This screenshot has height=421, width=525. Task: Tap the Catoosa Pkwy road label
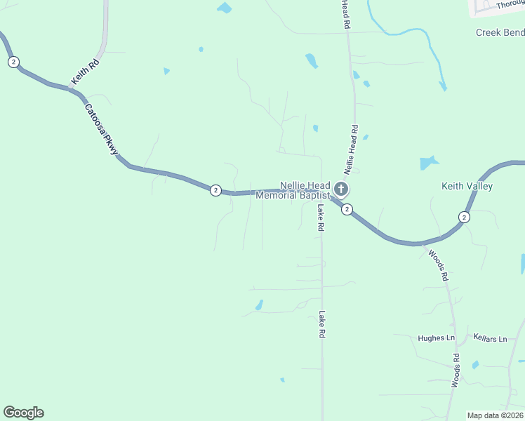[102, 129]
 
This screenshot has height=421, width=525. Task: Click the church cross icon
[341, 189]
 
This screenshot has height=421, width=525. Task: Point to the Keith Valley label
[467, 186]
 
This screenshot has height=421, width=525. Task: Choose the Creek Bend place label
[500, 32]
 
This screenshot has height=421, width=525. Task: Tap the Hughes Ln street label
[436, 338]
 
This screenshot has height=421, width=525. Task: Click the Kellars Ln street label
[490, 339]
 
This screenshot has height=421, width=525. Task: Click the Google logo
[23, 413]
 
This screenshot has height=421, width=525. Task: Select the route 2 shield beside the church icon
[347, 209]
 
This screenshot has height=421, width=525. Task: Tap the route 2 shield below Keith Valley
[464, 217]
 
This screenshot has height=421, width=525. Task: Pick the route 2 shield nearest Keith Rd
[13, 62]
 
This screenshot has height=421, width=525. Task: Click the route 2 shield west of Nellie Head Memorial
[215, 190]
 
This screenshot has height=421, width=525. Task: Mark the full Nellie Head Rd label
[351, 149]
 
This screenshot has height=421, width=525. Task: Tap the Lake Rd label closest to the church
[320, 218]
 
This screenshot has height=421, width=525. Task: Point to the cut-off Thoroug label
[510, 5]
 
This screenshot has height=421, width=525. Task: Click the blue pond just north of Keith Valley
[429, 163]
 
